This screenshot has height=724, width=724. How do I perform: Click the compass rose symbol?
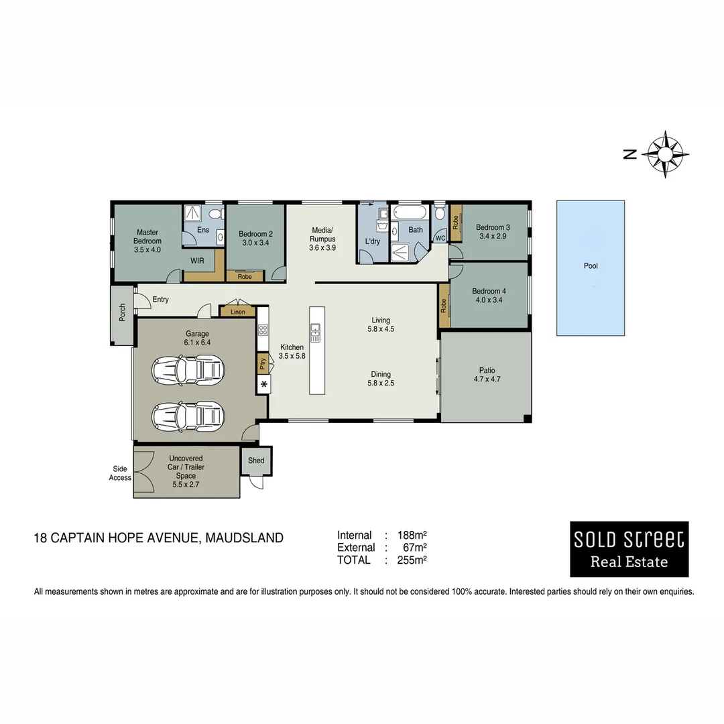point(664,154)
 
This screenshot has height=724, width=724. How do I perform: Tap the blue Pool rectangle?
point(590,267)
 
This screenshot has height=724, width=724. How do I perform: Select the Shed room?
point(256,461)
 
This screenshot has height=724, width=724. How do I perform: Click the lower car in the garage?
point(188,416)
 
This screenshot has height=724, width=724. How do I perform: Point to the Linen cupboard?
point(237,312)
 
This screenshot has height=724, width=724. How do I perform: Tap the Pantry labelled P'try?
point(262,364)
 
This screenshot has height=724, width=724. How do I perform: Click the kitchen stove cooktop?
point(263,330)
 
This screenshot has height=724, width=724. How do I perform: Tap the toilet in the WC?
point(440,214)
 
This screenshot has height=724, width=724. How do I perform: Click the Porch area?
point(123,314)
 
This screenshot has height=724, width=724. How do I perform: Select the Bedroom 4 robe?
point(444,306)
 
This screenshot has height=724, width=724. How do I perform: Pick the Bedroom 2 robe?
point(245,276)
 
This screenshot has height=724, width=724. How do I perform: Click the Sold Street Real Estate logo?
point(629,549)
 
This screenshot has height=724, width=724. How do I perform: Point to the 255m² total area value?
point(412,560)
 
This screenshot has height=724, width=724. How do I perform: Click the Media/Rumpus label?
point(322,239)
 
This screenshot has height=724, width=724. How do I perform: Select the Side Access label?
point(120,473)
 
